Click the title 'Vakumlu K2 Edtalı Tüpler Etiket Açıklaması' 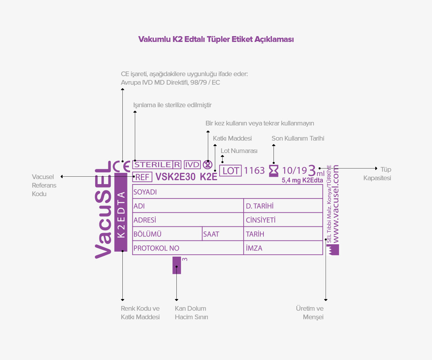point(216,39)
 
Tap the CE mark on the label point(122,167)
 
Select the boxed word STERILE point(157,165)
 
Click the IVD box point(192,165)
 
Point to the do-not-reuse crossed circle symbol point(208,165)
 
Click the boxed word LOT point(231,171)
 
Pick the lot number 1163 point(254,170)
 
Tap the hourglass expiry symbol point(273,171)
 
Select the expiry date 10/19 point(294,170)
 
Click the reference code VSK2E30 point(176,177)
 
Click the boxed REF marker point(142,177)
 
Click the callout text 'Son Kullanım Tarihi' point(298,138)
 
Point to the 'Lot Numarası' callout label point(239,151)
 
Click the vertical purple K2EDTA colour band point(121,212)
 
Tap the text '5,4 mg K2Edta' point(302,181)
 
